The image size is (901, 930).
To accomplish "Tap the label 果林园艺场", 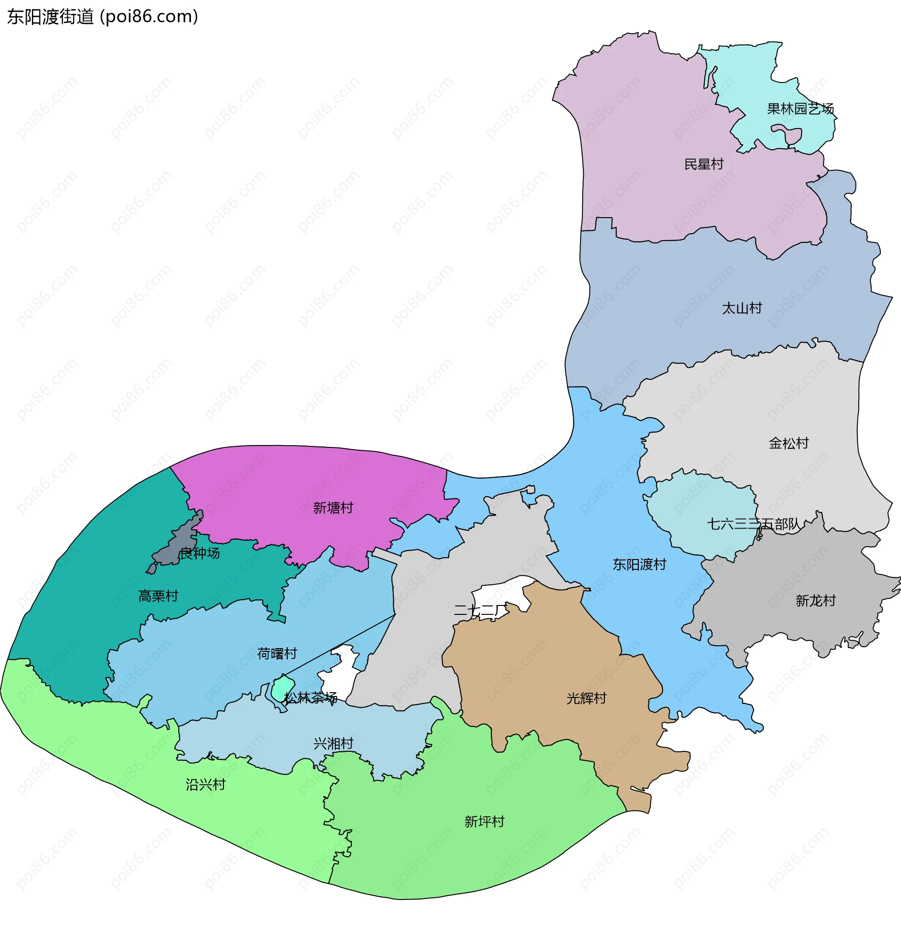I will click(x=800, y=109).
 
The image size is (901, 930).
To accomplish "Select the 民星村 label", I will click(x=703, y=164).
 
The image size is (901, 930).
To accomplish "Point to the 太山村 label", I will click(x=741, y=309).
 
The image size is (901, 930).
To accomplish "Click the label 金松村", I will click(x=788, y=443).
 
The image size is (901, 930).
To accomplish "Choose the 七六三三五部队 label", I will click(x=753, y=524).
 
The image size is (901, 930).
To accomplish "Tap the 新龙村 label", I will click(x=815, y=601).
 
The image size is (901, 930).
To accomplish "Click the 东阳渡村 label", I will click(x=639, y=564).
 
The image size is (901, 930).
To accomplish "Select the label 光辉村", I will click(x=586, y=698).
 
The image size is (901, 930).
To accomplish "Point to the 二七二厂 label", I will click(x=481, y=611).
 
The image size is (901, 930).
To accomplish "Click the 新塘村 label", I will click(x=333, y=508).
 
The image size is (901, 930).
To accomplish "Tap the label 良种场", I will click(x=199, y=553).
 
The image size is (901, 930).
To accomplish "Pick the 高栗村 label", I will click(x=158, y=596).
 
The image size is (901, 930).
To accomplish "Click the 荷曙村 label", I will click(x=277, y=653).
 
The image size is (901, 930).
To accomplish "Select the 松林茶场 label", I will click(x=310, y=697).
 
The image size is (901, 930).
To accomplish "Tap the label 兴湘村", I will click(x=333, y=743).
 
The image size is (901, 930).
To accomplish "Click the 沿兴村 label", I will click(x=205, y=784).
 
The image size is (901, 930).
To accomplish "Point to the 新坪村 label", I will click(x=484, y=821).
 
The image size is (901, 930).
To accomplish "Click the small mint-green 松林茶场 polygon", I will click(x=283, y=688).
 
